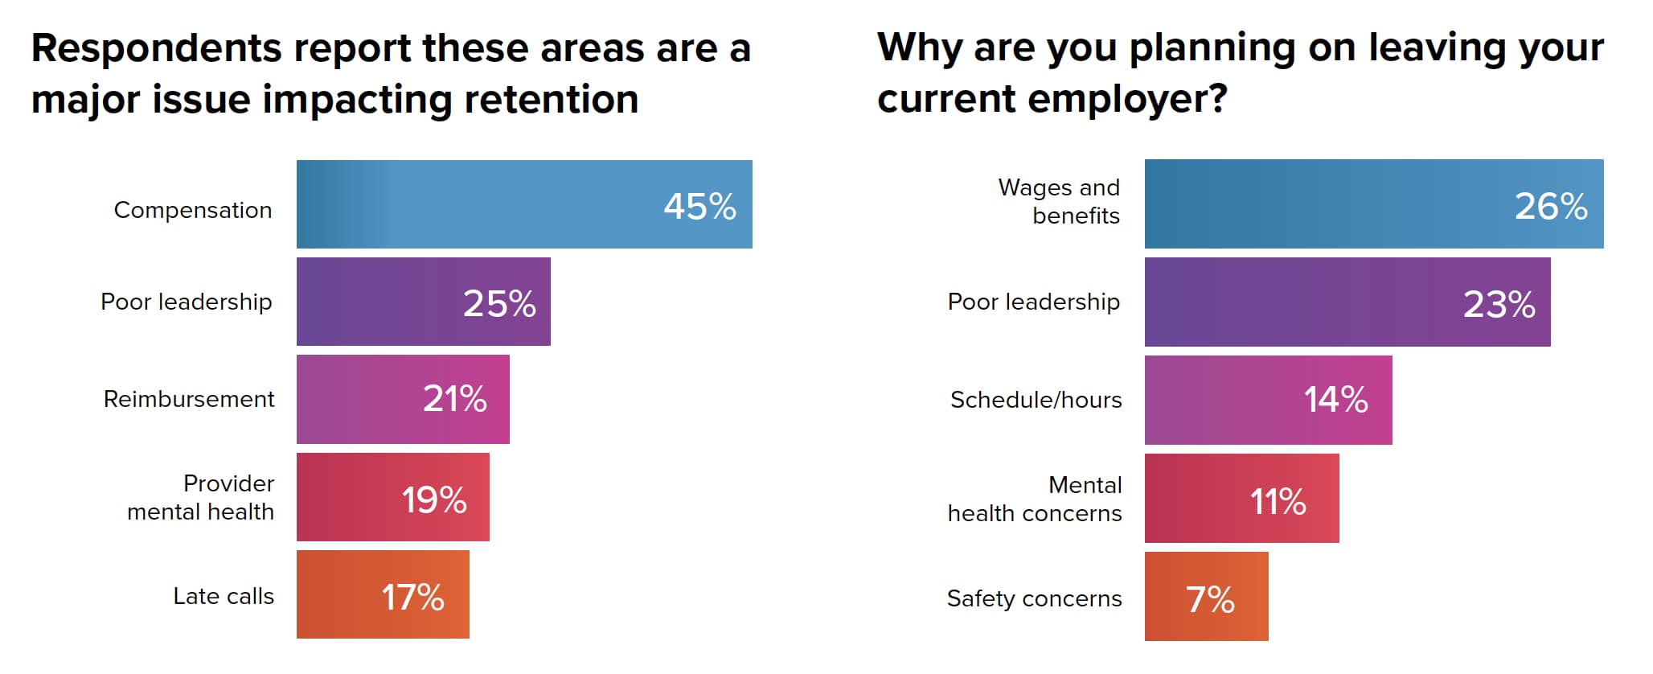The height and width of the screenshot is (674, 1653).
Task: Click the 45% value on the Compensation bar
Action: pos(699,206)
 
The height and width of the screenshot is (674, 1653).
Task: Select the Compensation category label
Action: pos(193,210)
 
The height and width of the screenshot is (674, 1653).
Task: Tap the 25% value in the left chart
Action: pos(498,303)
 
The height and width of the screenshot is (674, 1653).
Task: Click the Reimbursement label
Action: pos(189,399)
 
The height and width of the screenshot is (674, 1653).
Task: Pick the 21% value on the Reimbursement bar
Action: pos(454,399)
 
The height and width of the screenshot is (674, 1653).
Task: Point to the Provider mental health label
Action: pos(201,497)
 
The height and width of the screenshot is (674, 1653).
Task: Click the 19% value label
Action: pos(434,499)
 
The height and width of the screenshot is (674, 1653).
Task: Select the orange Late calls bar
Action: pos(383,594)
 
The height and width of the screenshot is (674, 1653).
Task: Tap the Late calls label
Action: pos(224,596)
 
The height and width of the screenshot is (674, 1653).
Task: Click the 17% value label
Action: pos(412,597)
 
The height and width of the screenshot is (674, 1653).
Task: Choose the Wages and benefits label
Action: pos(1059,201)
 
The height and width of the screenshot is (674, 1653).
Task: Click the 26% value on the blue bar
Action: pos(1551,206)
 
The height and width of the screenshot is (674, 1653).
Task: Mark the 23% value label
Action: pos(1499,304)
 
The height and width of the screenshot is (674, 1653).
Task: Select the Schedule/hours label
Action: pos(1036,400)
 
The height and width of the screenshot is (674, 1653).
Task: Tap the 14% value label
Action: pos(1335,399)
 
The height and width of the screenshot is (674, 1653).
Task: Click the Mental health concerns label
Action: pos(1036,499)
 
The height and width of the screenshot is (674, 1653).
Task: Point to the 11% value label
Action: pos(1278,501)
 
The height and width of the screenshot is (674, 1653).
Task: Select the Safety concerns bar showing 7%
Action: pos(1206,597)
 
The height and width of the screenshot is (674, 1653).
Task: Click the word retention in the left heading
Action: pos(551,100)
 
